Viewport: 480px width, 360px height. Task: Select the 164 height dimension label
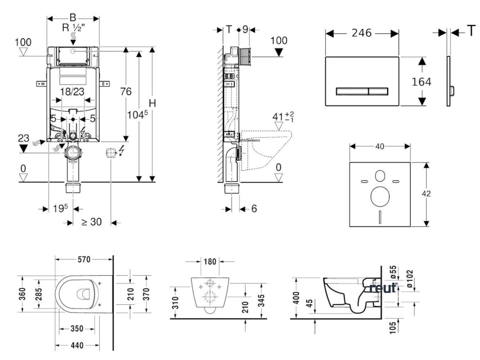pyautogui.click(x=421, y=81)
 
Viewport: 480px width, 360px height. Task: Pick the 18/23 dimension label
pyautogui.click(x=72, y=92)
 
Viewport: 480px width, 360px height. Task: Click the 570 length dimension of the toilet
pyautogui.click(x=84, y=259)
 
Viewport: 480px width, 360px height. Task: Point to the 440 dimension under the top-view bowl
pyautogui.click(x=77, y=346)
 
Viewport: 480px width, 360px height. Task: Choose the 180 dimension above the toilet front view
pyautogui.click(x=210, y=261)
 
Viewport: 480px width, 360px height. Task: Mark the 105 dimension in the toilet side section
pyautogui.click(x=395, y=325)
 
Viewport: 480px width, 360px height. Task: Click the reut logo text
pyautogui.click(x=383, y=288)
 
